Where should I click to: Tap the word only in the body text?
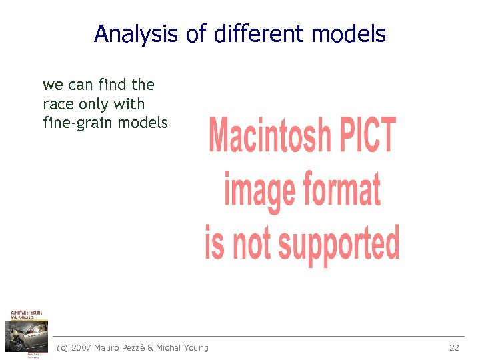(x=92, y=104)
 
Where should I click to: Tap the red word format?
(x=341, y=188)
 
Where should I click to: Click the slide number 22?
(x=454, y=347)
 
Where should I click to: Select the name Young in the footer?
(x=195, y=347)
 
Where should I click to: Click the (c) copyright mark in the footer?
(x=63, y=347)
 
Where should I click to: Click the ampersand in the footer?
(x=150, y=347)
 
